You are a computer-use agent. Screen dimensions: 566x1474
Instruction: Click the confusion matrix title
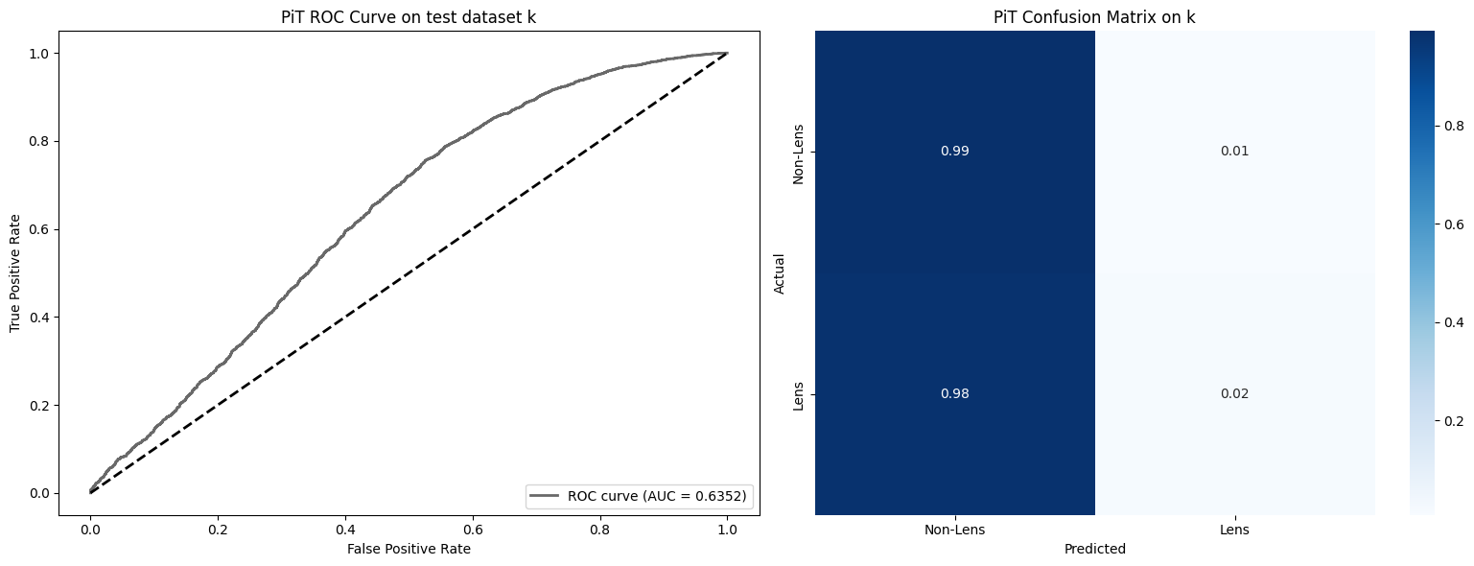click(1094, 16)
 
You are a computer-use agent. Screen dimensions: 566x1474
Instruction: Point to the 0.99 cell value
click(954, 152)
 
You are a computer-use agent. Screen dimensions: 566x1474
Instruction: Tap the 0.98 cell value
click(954, 394)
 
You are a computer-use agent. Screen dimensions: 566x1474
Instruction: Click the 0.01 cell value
click(1234, 152)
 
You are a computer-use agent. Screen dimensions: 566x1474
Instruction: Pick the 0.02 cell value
click(1234, 394)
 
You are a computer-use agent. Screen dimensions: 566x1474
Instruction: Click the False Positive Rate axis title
click(409, 549)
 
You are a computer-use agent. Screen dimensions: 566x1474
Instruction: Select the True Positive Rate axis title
click(15, 273)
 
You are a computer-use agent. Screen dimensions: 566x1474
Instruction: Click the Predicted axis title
click(1094, 550)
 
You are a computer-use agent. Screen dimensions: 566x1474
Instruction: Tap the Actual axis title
click(780, 273)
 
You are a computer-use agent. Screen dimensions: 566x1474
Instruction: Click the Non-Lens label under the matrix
click(954, 530)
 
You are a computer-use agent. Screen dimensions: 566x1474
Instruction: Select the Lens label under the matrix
click(1234, 530)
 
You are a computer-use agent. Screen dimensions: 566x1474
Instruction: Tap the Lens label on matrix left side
click(798, 394)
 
